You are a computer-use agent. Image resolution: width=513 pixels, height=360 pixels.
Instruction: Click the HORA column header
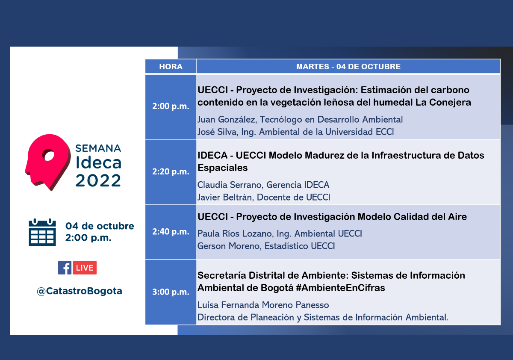tap(171, 67)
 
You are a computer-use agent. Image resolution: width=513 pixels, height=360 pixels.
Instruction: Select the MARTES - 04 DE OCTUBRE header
tap(348, 67)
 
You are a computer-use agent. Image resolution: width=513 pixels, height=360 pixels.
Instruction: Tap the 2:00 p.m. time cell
tap(171, 106)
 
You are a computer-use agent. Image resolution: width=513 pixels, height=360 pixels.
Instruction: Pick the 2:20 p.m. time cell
tap(171, 171)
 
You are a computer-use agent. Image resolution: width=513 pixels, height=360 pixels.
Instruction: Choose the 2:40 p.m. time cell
tap(171, 232)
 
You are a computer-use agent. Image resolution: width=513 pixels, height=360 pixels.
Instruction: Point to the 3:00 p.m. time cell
tap(171, 292)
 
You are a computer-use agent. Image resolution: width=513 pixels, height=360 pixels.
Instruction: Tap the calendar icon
tap(42, 232)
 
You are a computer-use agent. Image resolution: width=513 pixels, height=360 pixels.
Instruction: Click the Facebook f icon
tap(65, 268)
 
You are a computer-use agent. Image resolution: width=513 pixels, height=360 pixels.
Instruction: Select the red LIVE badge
tap(85, 268)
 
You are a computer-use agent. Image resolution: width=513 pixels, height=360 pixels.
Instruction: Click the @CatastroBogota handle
tap(80, 291)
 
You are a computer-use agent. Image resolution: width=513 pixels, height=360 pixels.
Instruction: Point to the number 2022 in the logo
tap(98, 180)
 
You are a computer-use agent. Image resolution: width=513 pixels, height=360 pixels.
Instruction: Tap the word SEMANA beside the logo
tap(98, 148)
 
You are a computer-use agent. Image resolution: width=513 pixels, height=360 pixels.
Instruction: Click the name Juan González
tap(226, 120)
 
